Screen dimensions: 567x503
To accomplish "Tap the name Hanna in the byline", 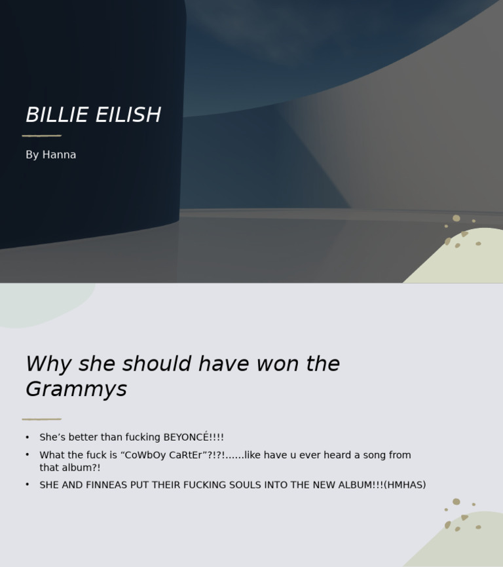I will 59,155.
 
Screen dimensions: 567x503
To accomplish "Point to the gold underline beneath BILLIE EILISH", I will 42,136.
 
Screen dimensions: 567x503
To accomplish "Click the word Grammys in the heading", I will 76,390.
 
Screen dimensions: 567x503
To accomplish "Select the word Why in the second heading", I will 48,364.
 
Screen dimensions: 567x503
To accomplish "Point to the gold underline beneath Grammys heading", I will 42,419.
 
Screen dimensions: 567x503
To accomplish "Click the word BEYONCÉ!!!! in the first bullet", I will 193,437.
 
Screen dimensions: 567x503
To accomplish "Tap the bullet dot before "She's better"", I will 28,437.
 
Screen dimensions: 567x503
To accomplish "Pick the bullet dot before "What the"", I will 28,454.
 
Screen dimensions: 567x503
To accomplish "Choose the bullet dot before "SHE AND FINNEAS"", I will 28,485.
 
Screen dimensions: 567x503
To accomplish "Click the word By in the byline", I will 32,155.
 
